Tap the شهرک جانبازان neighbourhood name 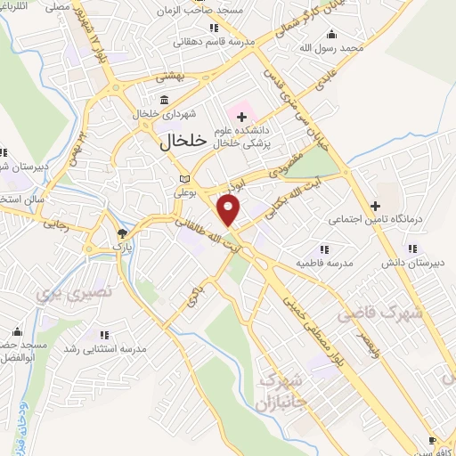(284, 390)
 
